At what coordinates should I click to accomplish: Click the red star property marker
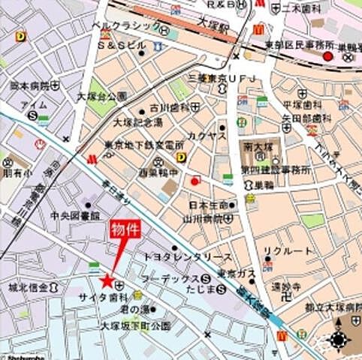tap(107, 280)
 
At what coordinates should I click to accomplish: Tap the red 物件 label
tap(127, 228)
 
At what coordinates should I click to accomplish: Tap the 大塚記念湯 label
tap(137, 122)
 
